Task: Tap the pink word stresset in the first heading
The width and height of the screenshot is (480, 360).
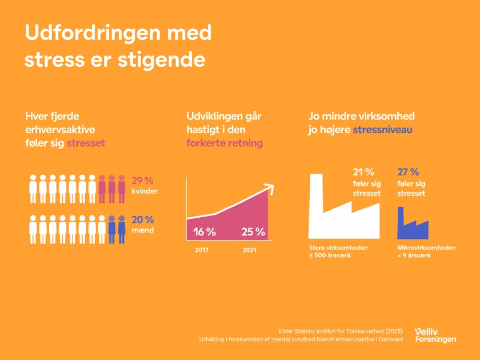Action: coord(86,143)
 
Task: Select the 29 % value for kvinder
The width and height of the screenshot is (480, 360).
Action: coord(142,181)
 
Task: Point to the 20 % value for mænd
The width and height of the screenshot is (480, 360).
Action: coord(143,220)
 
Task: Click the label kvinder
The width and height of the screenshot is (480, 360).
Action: coord(145,191)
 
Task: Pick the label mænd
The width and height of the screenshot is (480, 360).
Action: coord(142,230)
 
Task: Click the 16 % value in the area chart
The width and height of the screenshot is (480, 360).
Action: coord(204,232)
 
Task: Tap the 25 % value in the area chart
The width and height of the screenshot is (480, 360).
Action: coord(253,232)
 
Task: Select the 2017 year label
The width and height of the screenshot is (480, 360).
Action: coord(202,250)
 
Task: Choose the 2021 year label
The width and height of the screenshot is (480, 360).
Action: coord(249,250)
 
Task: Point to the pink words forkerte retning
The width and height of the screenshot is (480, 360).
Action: coord(225,143)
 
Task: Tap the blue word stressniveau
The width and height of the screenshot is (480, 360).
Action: coord(382,130)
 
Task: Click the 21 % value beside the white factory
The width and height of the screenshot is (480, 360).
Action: coord(363,172)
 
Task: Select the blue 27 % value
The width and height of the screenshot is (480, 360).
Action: coord(408,172)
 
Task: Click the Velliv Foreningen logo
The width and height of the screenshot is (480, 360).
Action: coord(435,335)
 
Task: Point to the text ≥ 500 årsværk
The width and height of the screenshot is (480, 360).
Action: coord(330,255)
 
